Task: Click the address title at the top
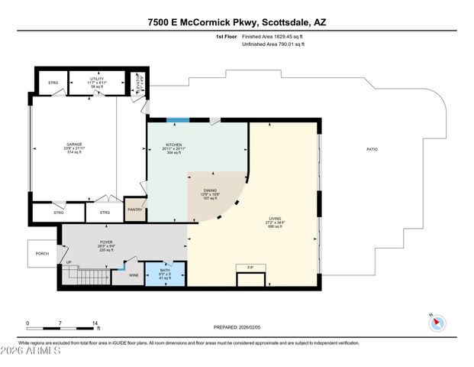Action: click(x=237, y=22)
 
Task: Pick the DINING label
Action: click(x=211, y=192)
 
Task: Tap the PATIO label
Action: click(x=372, y=149)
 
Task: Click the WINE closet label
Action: click(x=134, y=274)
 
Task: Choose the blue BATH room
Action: click(x=166, y=274)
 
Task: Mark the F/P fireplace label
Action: click(x=250, y=267)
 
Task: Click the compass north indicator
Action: click(x=436, y=322)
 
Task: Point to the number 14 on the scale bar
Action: click(x=95, y=323)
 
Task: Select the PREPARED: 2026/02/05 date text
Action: click(x=235, y=326)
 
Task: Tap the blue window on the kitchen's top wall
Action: click(x=178, y=119)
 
